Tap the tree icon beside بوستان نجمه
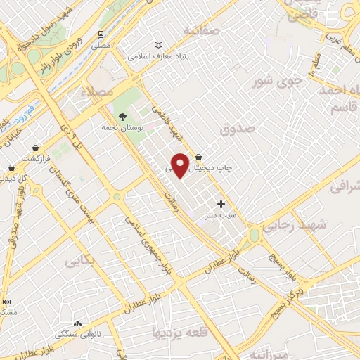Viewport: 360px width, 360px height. [123, 117]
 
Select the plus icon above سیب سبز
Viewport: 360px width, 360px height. [221, 204]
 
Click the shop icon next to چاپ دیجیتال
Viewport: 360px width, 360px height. [199, 157]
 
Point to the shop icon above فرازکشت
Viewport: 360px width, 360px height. [35, 148]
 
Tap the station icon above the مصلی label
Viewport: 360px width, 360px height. [101, 33]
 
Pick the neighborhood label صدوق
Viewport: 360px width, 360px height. [236, 129]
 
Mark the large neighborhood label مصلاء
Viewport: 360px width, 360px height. [96, 91]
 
